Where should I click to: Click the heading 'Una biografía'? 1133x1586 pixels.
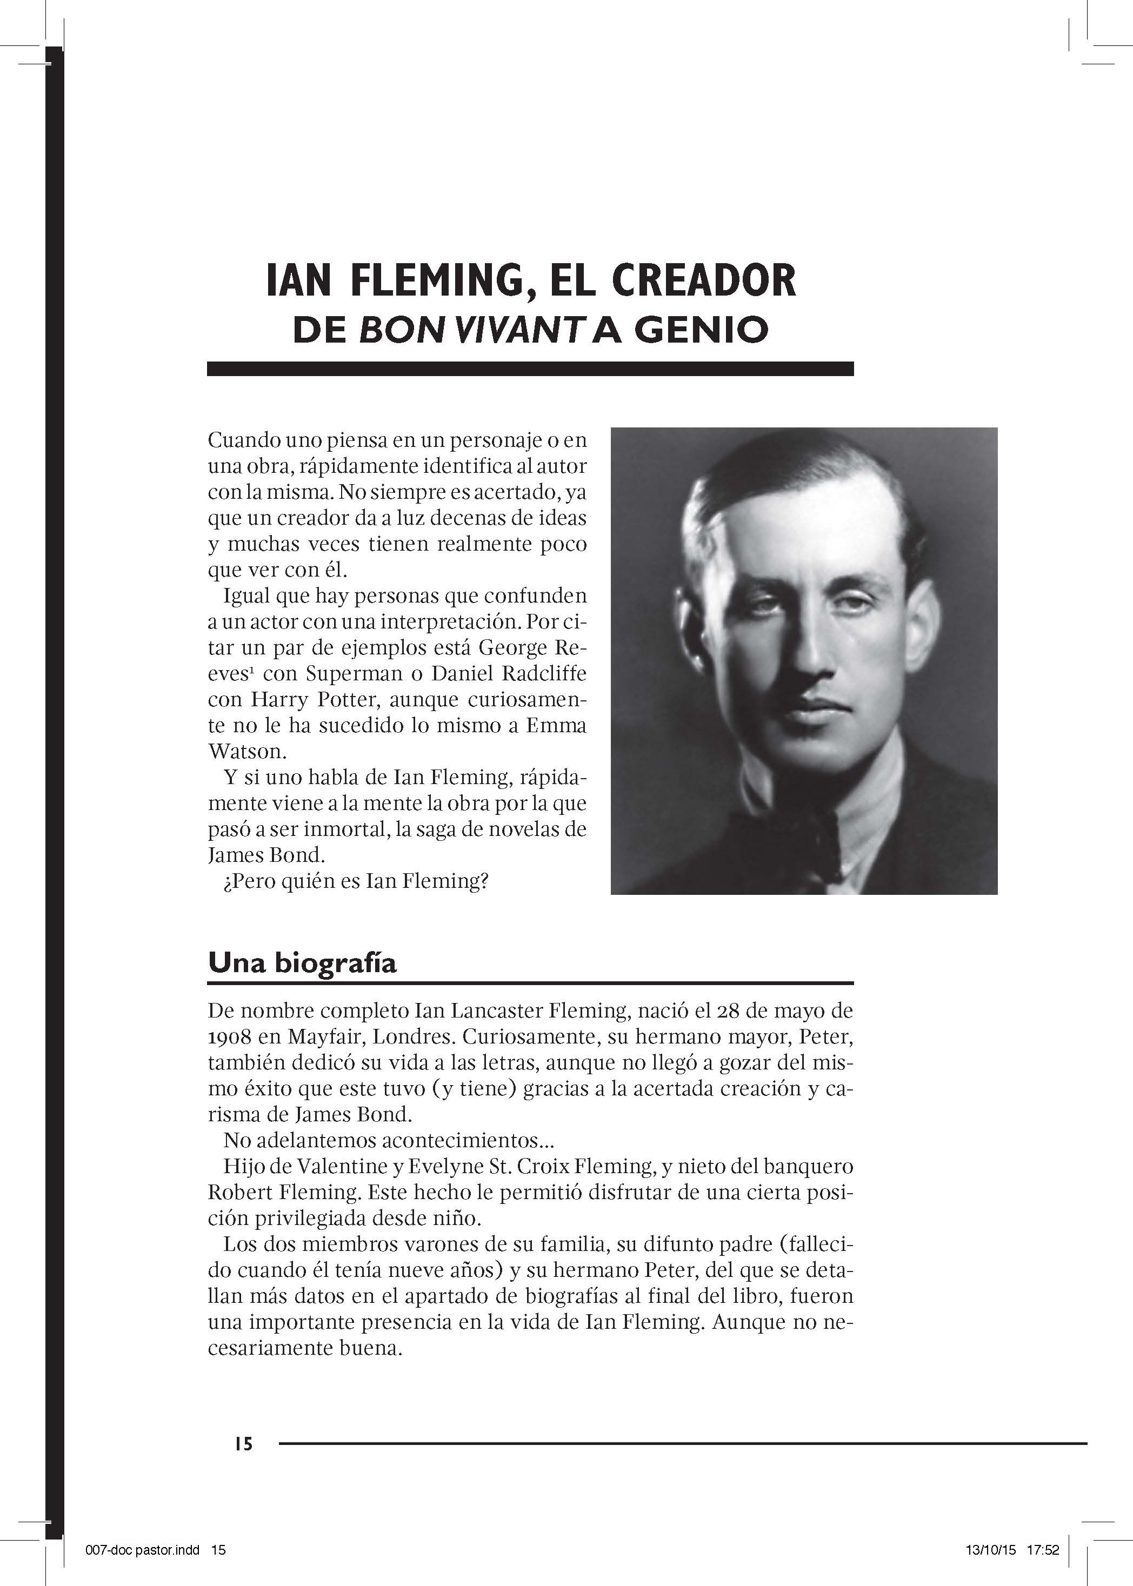302,962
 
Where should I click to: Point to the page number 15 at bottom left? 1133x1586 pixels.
243,1444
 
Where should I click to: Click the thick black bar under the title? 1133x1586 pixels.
530,369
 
